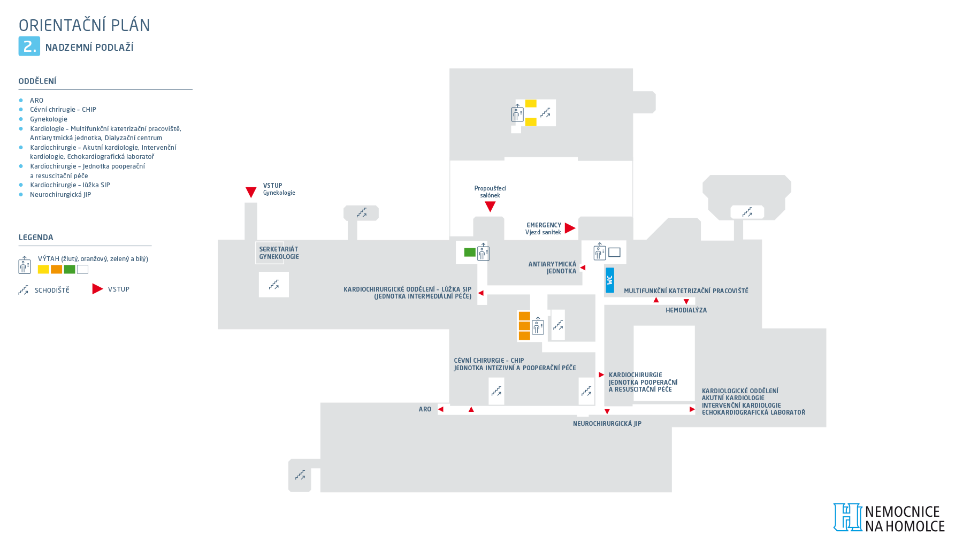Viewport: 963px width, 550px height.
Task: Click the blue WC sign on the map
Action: click(x=609, y=280)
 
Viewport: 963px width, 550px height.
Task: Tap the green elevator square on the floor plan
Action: click(x=470, y=252)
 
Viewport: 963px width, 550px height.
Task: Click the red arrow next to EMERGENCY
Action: click(x=570, y=228)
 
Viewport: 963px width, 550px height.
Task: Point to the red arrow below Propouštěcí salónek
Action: click(x=490, y=207)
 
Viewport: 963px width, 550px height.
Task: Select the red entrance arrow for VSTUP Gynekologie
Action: click(x=251, y=192)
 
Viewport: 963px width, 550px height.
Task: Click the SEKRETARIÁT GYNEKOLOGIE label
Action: click(x=279, y=253)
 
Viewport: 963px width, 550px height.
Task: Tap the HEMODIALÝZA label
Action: click(x=686, y=310)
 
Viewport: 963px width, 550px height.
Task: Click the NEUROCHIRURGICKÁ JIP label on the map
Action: click(x=607, y=424)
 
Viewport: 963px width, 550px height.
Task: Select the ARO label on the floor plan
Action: click(x=425, y=409)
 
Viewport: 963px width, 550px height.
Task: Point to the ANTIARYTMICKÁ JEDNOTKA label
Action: click(x=553, y=268)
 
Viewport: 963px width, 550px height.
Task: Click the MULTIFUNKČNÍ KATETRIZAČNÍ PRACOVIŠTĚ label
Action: click(x=686, y=291)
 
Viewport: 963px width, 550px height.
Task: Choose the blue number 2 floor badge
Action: click(x=29, y=46)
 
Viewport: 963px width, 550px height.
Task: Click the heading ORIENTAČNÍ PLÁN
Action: click(x=85, y=25)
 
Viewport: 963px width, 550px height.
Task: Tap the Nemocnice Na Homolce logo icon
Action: click(x=847, y=517)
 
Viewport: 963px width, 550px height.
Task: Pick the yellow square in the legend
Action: click(x=43, y=270)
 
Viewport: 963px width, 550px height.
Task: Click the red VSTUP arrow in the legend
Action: click(x=97, y=289)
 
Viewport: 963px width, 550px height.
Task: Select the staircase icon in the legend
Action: click(x=24, y=290)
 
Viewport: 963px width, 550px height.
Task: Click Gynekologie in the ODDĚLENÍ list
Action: click(x=49, y=119)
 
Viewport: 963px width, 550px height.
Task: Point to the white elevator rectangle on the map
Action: click(x=614, y=252)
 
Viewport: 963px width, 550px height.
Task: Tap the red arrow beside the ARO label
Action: click(x=441, y=409)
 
